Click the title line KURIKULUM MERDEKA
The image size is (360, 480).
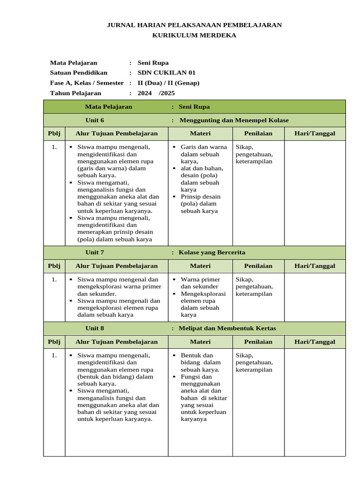point(194,35)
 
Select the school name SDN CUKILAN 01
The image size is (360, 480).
point(166,73)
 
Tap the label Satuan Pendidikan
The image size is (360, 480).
point(78,73)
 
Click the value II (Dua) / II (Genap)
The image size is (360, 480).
point(168,83)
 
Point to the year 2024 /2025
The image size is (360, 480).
point(156,93)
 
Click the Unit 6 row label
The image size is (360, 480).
point(95,120)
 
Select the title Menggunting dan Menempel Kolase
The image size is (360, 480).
point(234,120)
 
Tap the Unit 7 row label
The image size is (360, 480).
point(95,252)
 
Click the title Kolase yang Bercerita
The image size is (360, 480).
point(212,252)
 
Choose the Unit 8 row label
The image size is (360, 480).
point(95,328)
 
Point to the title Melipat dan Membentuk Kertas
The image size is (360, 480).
point(227,328)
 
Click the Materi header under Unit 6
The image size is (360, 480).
point(200,134)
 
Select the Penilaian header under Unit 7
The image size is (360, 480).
point(258,266)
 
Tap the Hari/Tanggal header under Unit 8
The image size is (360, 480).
point(315,342)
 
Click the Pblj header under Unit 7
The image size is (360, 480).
point(54,266)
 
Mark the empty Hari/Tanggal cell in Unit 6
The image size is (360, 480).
point(315,192)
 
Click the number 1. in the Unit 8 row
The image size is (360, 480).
point(54,356)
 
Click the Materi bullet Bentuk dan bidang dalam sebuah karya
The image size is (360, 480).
point(201,362)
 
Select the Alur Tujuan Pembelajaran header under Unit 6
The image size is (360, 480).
point(117,134)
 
